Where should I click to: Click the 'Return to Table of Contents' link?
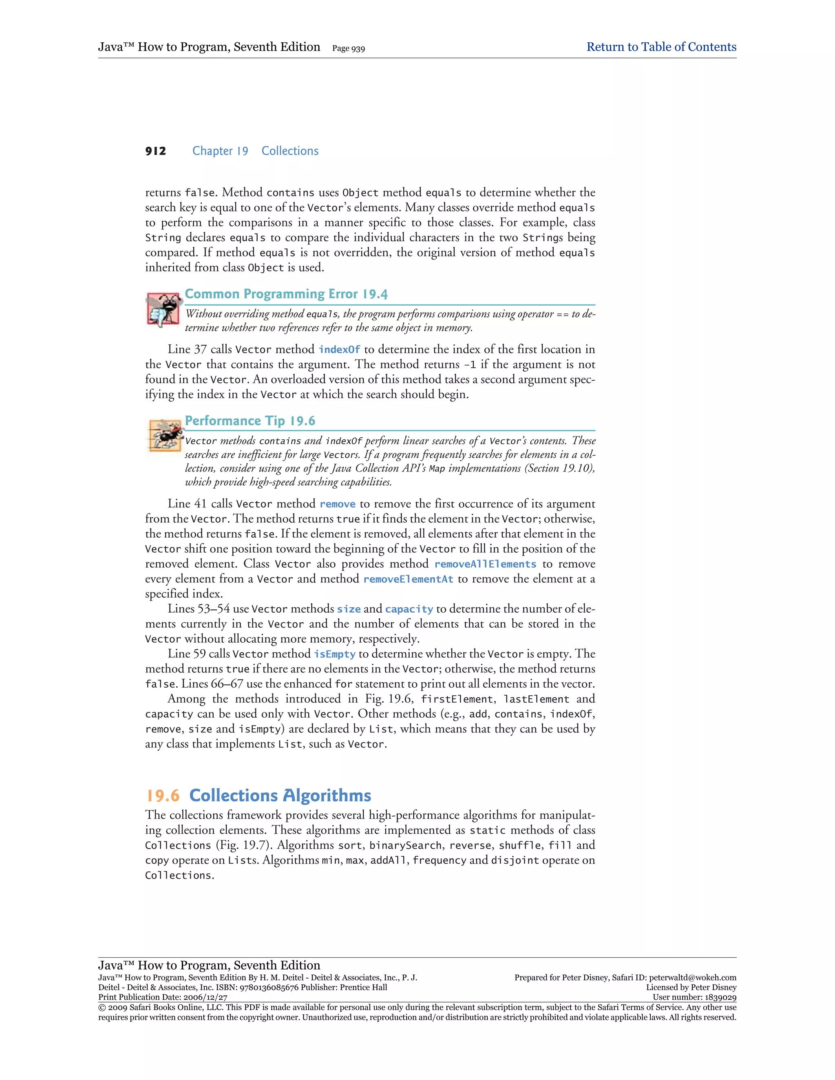coord(661,47)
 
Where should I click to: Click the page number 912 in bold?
coord(156,151)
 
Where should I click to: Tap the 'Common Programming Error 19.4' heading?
coord(286,294)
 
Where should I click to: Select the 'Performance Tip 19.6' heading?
coord(250,421)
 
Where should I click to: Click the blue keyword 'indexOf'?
coord(339,350)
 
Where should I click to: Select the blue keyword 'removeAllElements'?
coord(485,564)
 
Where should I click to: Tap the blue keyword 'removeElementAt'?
coord(408,579)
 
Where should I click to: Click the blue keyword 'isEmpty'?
coord(334,654)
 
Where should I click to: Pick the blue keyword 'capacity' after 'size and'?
coord(409,609)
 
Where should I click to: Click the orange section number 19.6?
coord(163,796)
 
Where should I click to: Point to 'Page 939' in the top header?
coord(349,48)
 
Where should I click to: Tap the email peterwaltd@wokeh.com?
coord(693,978)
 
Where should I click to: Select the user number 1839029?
coord(719,997)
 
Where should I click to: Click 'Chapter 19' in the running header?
coord(220,151)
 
